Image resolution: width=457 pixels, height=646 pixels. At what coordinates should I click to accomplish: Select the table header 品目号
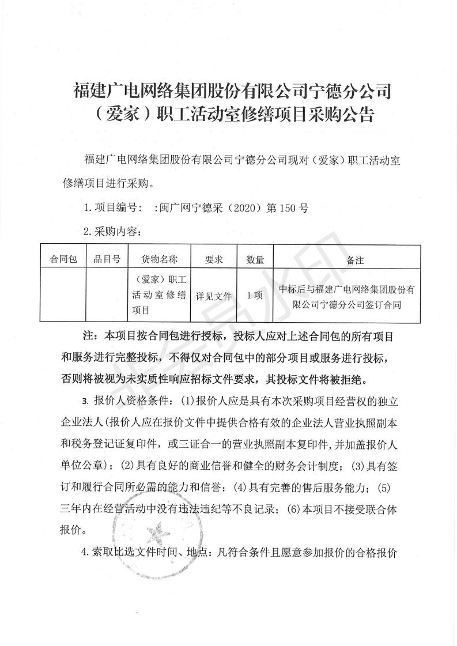pyautogui.click(x=107, y=259)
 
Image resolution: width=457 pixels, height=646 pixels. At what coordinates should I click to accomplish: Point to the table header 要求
pyautogui.click(x=214, y=259)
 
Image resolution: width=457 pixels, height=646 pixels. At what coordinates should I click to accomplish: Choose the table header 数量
pyautogui.click(x=255, y=259)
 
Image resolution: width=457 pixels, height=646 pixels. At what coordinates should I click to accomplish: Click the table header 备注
pyautogui.click(x=355, y=260)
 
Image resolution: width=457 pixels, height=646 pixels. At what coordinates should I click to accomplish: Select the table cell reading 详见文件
pyautogui.click(x=214, y=296)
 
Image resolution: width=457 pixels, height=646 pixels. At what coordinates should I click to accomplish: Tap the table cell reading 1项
pyautogui.click(x=255, y=296)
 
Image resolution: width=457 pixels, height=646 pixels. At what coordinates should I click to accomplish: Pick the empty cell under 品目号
pyautogui.click(x=107, y=296)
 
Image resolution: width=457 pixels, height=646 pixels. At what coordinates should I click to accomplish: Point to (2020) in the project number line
pyautogui.click(x=247, y=207)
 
